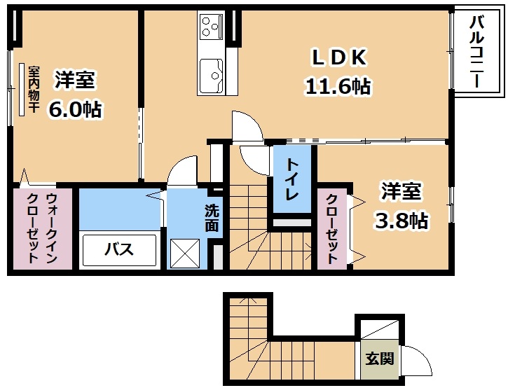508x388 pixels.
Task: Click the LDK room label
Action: click(339, 58)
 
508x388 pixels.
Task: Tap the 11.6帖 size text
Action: click(338, 87)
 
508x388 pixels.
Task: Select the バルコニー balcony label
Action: click(476, 52)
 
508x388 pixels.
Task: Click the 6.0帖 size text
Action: click(75, 109)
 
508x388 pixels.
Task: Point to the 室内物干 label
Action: click(34, 90)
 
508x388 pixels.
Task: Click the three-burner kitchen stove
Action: click(212, 26)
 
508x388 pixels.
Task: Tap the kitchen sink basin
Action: click(211, 76)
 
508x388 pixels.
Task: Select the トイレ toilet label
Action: click(292, 179)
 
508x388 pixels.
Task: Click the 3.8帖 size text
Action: click(401, 221)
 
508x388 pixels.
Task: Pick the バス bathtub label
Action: click(119, 249)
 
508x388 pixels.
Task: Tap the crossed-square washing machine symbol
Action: click(185, 254)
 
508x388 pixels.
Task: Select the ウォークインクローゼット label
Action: click(42, 228)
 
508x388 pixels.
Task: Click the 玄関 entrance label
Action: click(380, 359)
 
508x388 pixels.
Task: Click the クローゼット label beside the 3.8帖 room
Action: click(331, 228)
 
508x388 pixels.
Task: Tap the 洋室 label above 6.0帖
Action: click(75, 80)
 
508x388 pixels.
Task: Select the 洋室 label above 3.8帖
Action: click(401, 191)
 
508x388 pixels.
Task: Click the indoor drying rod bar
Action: click(22, 90)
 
